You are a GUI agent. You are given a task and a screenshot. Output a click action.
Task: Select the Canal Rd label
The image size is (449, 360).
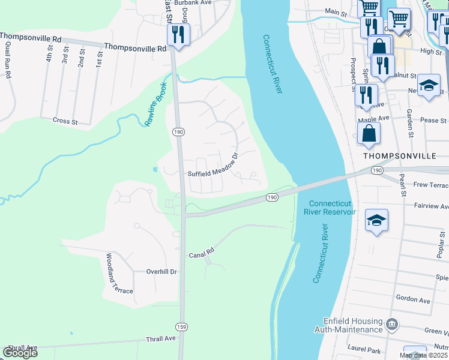202,251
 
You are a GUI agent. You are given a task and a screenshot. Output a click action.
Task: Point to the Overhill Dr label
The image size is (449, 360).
162,271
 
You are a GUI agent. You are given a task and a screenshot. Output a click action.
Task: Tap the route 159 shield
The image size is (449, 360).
182,326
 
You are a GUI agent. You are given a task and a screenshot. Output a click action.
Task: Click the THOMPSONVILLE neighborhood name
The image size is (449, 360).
399,155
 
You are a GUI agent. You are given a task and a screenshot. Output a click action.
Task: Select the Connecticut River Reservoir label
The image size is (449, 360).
330,207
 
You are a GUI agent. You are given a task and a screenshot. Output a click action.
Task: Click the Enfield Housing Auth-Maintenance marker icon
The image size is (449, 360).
392,325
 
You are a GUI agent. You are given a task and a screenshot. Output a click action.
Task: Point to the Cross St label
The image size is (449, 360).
66,121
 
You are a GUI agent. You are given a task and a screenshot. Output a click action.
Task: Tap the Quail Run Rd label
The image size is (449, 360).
8,59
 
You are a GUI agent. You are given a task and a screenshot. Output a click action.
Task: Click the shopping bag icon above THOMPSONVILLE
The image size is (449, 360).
369,133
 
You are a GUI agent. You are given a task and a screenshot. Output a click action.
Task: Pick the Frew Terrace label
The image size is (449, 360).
431,186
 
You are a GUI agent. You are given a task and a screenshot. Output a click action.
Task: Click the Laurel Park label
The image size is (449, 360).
365,347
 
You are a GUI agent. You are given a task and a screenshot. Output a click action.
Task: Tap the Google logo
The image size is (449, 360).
20,353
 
